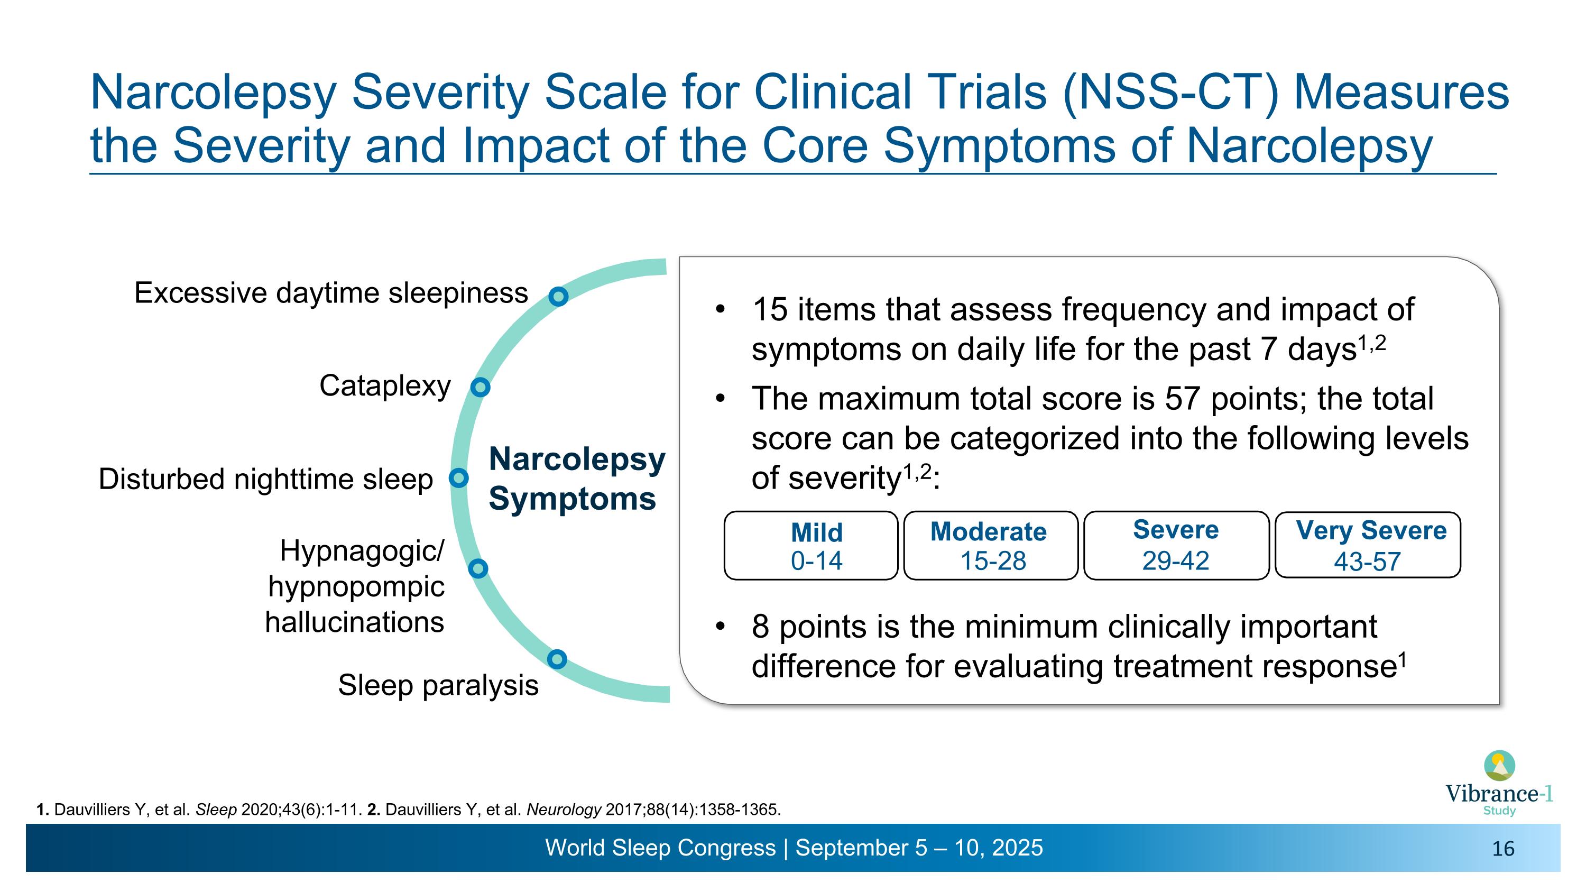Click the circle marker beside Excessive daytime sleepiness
[558, 297]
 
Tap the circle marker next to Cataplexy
[480, 387]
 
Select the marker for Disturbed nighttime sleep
[459, 477]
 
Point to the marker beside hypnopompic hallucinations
[478, 568]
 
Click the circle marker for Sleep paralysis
[557, 659]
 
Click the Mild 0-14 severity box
[811, 546]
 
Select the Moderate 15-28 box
[991, 546]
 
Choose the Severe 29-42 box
[1176, 546]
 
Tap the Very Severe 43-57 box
[1368, 546]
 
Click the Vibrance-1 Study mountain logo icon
[1499, 766]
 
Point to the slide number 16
[1503, 849]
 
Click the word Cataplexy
[385, 387]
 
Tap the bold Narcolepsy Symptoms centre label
[576, 479]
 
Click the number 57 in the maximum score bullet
[1182, 399]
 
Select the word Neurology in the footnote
[564, 810]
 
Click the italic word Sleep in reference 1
[216, 810]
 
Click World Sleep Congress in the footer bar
[660, 848]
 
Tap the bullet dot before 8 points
[721, 627]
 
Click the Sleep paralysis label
[438, 685]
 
